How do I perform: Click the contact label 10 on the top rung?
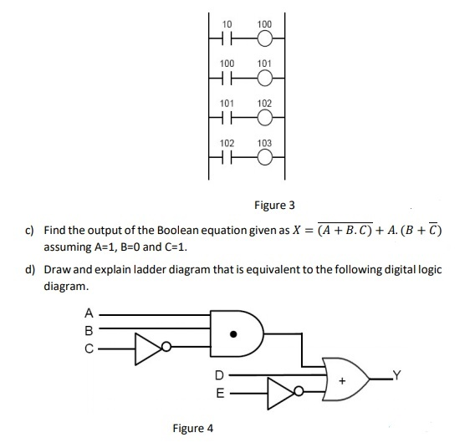[x=227, y=23]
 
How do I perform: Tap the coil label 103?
[x=264, y=143]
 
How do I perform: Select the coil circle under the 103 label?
[x=264, y=158]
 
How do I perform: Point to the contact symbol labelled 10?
[x=227, y=39]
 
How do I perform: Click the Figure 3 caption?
[x=274, y=206]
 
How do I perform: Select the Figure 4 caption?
[x=193, y=429]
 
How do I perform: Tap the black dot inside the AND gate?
[x=233, y=333]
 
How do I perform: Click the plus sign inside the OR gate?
[x=342, y=381]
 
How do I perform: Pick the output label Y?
[x=396, y=375]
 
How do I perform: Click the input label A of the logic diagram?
[x=89, y=313]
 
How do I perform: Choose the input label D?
[x=220, y=375]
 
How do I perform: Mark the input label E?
[x=220, y=393]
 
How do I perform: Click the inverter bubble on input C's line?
[x=166, y=347]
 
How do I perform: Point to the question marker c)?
[x=29, y=231]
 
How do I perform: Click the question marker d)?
[x=30, y=270]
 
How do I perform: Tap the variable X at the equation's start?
[x=296, y=231]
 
